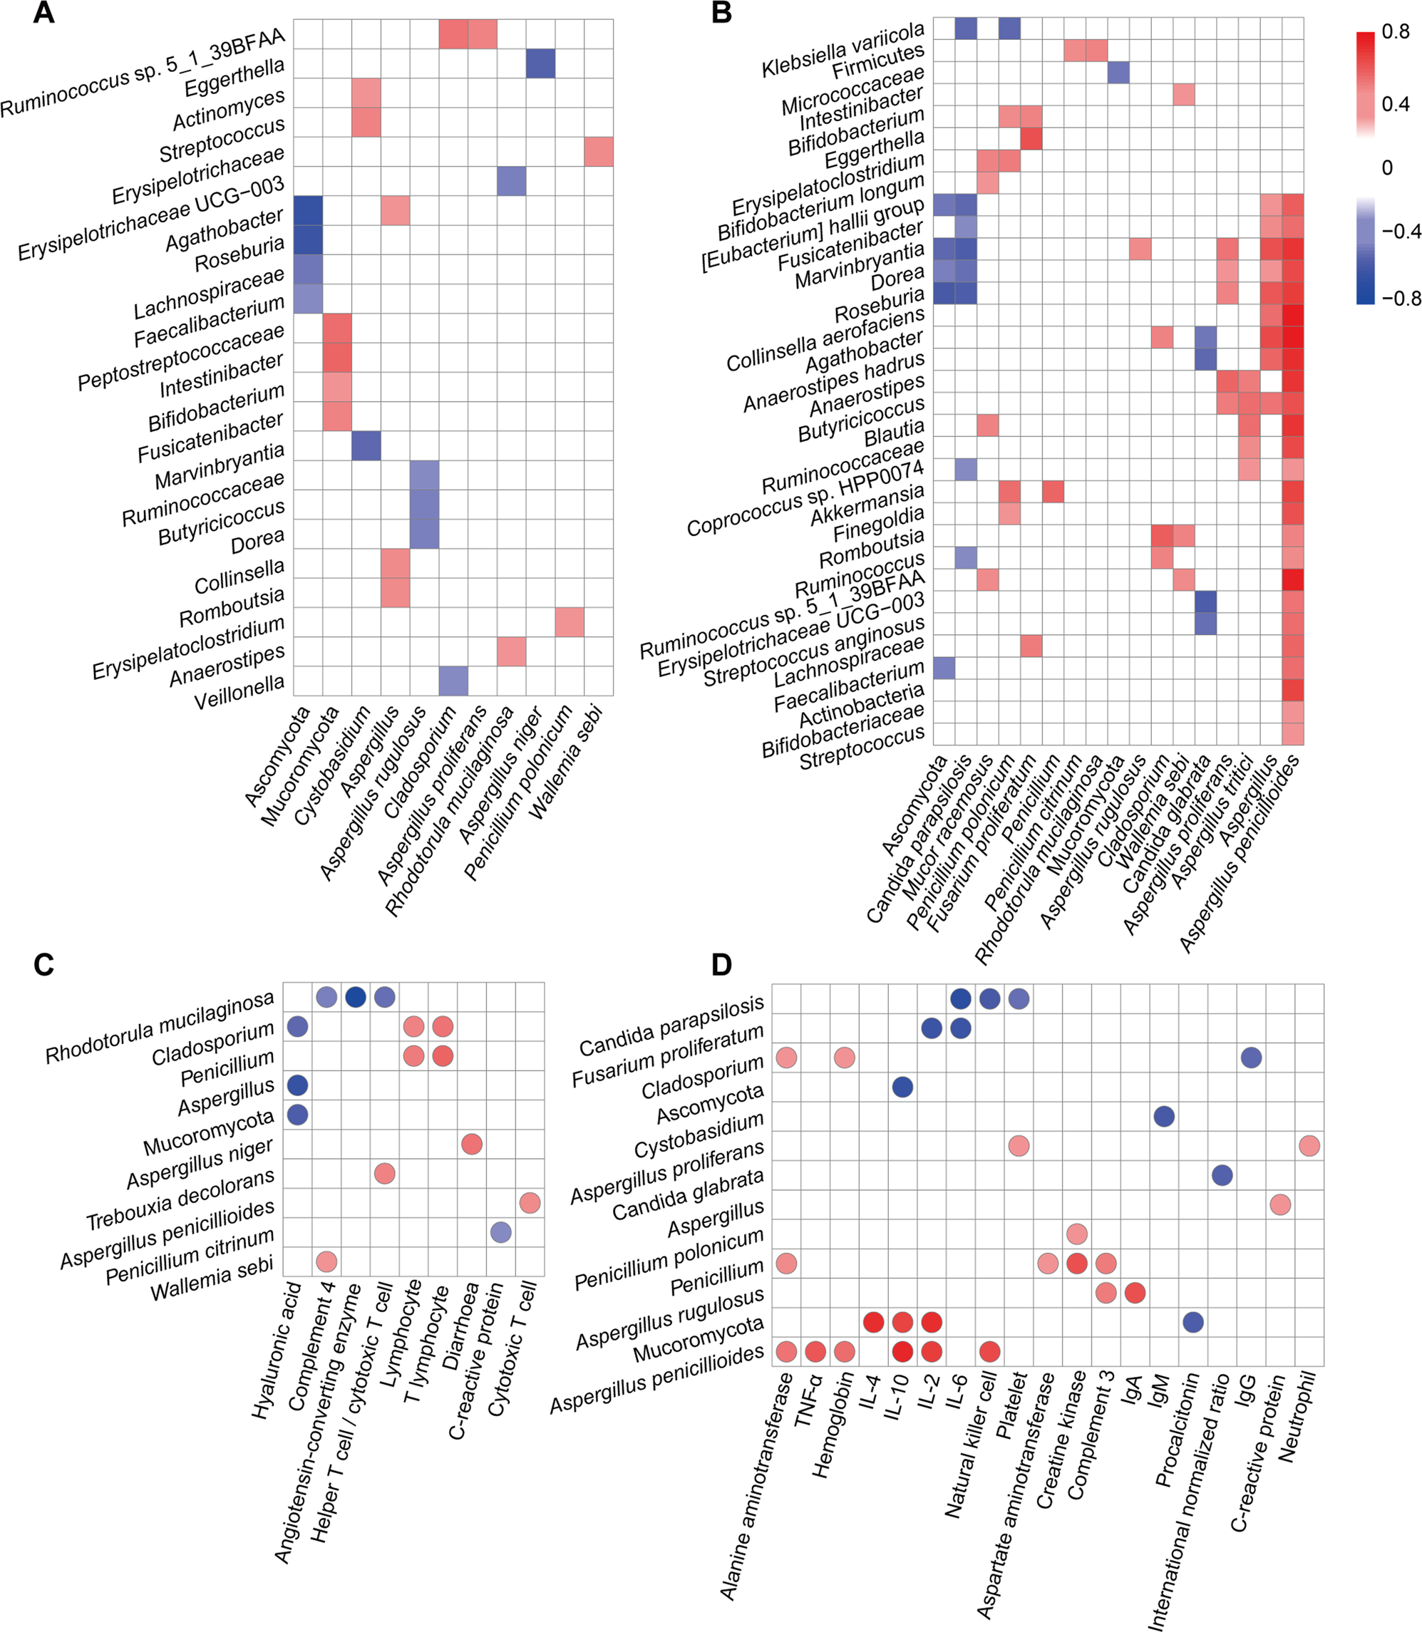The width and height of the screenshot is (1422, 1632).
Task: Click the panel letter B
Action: (721, 13)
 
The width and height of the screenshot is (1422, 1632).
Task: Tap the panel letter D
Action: (721, 964)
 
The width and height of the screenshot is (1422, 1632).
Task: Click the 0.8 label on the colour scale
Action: (1395, 32)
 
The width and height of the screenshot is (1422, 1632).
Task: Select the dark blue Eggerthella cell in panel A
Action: (540, 63)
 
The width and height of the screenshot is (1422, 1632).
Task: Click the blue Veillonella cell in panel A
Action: (453, 681)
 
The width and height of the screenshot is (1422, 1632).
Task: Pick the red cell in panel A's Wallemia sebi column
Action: (598, 152)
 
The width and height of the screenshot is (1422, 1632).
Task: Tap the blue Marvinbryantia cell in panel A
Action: (366, 445)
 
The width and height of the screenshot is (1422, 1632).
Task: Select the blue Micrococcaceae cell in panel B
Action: (1118, 72)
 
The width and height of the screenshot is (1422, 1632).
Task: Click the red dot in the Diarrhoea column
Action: (471, 1144)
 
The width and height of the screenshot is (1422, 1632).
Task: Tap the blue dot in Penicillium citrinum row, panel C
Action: (500, 1232)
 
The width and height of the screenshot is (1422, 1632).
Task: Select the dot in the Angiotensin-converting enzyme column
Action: (356, 997)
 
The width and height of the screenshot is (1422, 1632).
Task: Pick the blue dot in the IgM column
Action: (1163, 1116)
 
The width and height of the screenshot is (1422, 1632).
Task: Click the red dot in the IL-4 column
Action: (873, 1322)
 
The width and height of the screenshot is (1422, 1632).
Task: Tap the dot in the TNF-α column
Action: (815, 1351)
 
